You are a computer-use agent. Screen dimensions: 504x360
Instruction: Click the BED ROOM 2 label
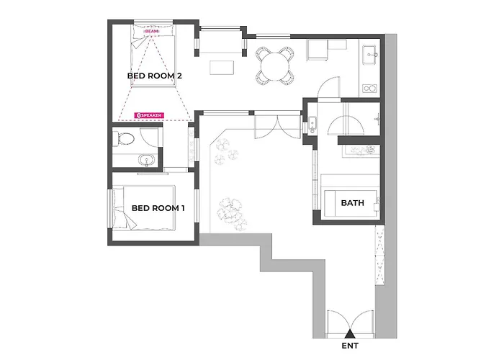tap(154, 76)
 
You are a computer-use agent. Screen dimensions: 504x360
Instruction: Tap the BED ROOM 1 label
tap(158, 208)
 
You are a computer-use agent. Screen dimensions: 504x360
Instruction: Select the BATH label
tap(352, 203)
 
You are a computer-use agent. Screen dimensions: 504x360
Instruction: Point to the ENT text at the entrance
tap(350, 346)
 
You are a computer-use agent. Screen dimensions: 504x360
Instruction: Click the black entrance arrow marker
tap(350, 334)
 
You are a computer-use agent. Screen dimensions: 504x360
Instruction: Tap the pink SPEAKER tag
tap(149, 115)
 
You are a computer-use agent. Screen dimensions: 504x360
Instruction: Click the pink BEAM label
tap(152, 32)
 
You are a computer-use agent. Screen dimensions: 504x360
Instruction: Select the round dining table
tap(275, 66)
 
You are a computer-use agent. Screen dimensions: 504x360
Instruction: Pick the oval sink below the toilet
tap(147, 159)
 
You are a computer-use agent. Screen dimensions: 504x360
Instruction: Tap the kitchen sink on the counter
tap(369, 55)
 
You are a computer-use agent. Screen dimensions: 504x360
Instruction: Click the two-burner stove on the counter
tap(369, 88)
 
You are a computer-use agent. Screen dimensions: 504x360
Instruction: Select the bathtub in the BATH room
tap(351, 203)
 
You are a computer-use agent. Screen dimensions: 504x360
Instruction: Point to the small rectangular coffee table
tap(222, 68)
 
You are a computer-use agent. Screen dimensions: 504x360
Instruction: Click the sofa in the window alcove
tap(220, 42)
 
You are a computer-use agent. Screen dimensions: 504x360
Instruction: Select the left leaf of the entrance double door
tap(337, 323)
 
